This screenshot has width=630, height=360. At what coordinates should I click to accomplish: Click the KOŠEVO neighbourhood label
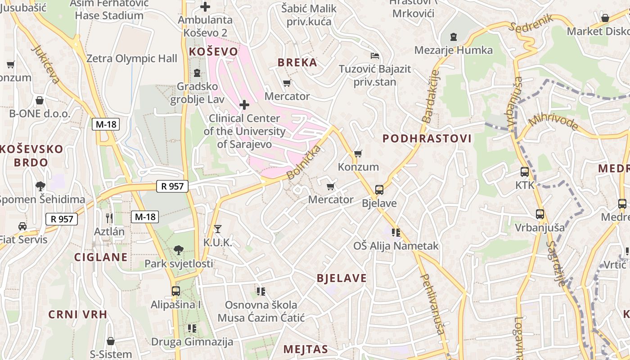tap(213, 52)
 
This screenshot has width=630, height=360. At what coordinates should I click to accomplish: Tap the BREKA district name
tap(297, 63)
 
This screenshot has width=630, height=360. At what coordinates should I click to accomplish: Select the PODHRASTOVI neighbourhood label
tap(427, 139)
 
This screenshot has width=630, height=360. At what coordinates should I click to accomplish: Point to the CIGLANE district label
tap(101, 257)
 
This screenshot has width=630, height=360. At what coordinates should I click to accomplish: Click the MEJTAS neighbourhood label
tap(306, 349)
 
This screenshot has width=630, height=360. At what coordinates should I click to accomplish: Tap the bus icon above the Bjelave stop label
tap(379, 190)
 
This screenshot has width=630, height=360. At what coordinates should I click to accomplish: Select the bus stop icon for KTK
tap(524, 172)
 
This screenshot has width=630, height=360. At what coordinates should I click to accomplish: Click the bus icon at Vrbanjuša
tap(540, 214)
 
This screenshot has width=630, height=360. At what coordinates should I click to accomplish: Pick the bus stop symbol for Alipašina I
tap(175, 291)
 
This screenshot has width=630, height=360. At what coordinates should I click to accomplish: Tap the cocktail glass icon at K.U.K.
tap(218, 229)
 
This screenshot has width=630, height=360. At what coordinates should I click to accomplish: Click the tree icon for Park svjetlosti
tap(179, 250)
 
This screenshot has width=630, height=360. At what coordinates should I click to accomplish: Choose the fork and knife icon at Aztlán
tap(109, 218)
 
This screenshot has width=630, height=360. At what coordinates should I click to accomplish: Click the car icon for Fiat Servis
tap(22, 226)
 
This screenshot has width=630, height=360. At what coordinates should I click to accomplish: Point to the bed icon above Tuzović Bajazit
tap(375, 56)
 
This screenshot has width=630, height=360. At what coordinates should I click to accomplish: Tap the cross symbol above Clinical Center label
tap(244, 105)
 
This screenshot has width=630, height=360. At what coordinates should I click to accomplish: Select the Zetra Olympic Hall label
tap(132, 58)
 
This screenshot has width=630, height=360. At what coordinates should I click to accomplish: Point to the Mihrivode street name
tap(553, 120)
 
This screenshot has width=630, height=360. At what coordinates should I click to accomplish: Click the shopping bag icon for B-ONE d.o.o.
tap(40, 100)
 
